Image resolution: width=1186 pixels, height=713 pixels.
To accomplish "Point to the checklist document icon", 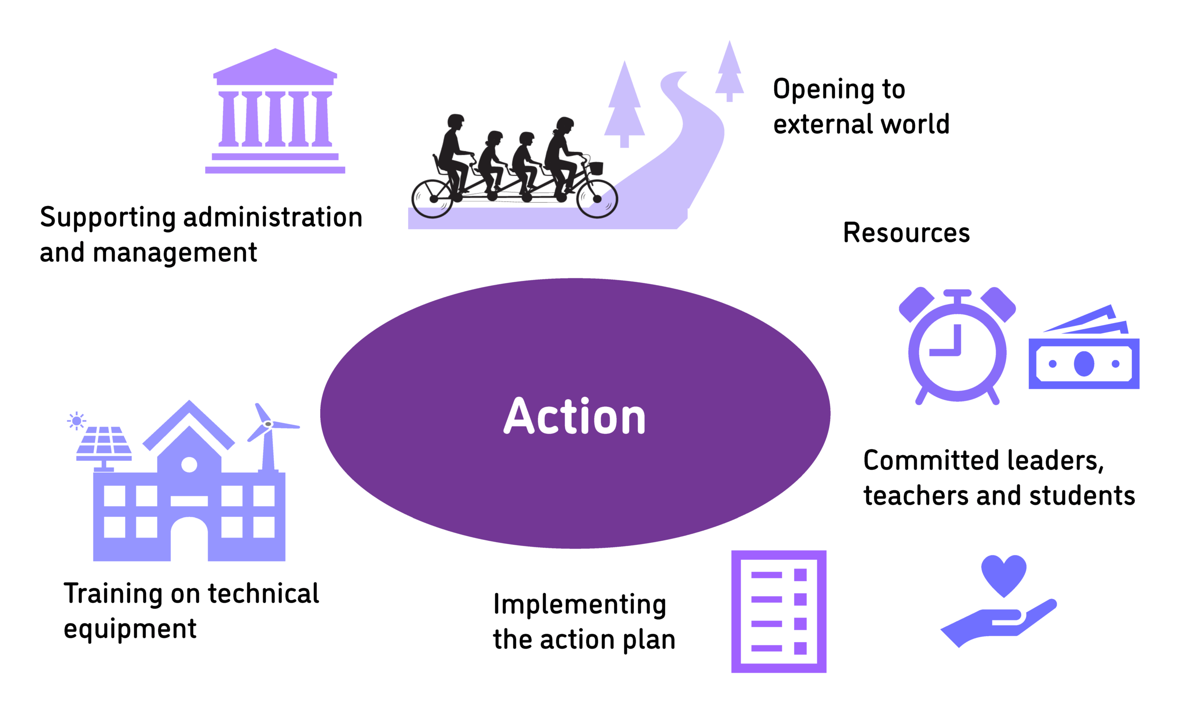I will point(778,611).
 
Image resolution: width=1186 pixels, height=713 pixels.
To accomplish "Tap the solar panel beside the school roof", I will point(104,442).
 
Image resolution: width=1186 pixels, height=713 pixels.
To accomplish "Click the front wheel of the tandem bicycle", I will point(597,199).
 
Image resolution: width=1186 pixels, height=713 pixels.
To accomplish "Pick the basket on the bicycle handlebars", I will point(596,168).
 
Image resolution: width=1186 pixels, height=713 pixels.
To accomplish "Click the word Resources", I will point(906,233).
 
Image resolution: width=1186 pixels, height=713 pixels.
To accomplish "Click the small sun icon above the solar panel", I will point(76,421).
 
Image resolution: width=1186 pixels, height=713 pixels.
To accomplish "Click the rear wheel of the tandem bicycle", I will point(432,199).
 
